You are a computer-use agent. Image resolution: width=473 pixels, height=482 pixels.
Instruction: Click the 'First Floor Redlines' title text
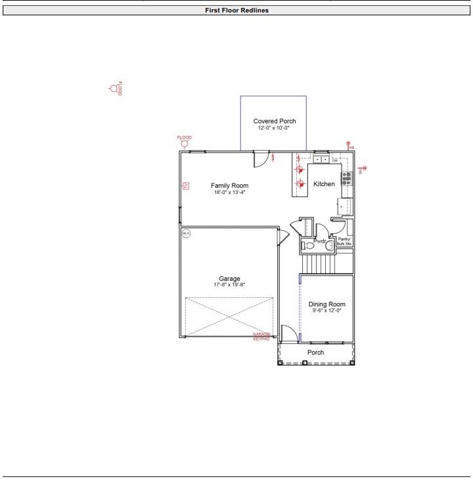click(236, 11)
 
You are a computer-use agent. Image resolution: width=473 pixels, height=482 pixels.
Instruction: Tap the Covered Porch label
click(275, 121)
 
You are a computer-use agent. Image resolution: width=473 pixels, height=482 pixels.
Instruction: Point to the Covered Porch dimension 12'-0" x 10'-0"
click(273, 128)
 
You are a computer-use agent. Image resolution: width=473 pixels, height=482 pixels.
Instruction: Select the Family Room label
click(229, 185)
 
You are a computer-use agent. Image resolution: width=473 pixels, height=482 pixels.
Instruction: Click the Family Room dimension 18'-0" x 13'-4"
click(229, 193)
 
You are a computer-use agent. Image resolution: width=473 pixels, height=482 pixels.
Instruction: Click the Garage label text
click(229, 278)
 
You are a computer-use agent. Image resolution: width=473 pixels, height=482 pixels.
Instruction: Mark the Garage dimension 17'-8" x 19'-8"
click(229, 285)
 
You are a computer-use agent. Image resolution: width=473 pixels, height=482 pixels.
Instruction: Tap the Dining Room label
click(327, 304)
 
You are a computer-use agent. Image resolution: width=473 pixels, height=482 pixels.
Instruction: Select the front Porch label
click(315, 352)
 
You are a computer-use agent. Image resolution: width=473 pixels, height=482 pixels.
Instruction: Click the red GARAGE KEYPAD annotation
click(261, 336)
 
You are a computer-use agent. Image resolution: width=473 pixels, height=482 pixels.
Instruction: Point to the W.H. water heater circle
click(186, 233)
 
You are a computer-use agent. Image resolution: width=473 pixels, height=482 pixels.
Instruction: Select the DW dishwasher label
click(334, 160)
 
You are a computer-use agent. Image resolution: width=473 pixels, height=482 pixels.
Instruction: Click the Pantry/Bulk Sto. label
click(344, 241)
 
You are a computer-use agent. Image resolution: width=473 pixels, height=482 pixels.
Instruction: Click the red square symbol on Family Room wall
click(186, 186)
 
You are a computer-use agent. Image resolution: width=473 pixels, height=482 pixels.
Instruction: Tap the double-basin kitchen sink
click(321, 159)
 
